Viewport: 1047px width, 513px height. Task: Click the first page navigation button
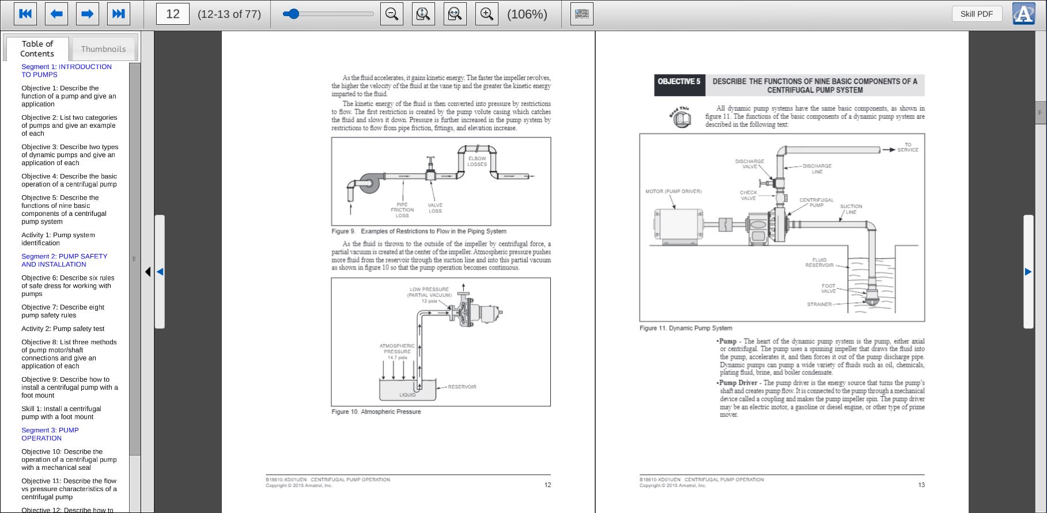(x=25, y=14)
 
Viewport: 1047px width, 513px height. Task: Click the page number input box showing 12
(x=173, y=14)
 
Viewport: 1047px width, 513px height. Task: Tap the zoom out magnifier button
(x=392, y=14)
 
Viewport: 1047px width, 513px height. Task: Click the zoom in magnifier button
(x=486, y=14)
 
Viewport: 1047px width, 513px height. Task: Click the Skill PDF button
(x=976, y=14)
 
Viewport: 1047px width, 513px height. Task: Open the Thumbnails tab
(x=103, y=49)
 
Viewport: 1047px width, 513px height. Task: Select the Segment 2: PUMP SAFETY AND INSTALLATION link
(x=64, y=260)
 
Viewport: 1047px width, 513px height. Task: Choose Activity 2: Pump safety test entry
(x=63, y=329)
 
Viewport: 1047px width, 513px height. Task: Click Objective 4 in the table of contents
(x=69, y=180)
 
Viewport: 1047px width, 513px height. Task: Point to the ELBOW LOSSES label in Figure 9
(x=477, y=161)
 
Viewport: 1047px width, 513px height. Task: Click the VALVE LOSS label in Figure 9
(x=435, y=208)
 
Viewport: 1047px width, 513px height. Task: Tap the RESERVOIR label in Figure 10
(x=462, y=387)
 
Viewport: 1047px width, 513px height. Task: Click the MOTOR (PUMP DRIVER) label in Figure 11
(x=673, y=191)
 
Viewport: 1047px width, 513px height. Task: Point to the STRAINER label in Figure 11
(x=819, y=304)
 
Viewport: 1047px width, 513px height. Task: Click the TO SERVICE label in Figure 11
(x=908, y=147)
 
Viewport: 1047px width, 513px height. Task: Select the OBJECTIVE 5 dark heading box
(x=679, y=82)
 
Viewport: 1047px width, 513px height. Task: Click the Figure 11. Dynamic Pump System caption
(x=686, y=328)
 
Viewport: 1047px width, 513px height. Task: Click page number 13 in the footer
(x=921, y=485)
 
